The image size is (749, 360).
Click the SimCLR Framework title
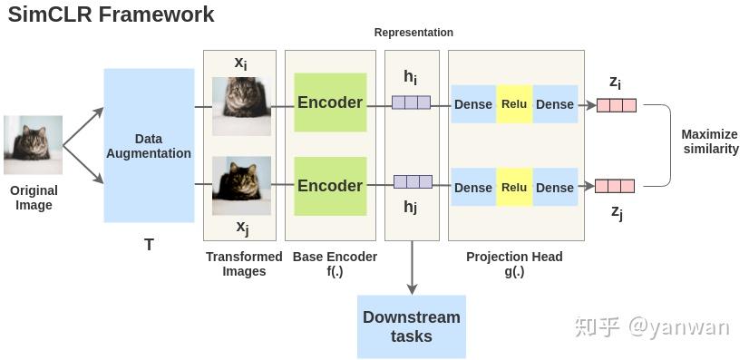click(111, 15)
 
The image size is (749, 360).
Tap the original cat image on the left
click(34, 144)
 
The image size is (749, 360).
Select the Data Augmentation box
click(149, 145)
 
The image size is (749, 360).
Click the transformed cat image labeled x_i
click(241, 105)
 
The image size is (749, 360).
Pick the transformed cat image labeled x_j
click(241, 185)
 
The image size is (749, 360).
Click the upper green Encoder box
click(330, 102)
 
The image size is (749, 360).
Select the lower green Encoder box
click(330, 186)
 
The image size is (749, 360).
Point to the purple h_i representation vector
click(411, 102)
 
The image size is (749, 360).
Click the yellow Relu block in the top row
click(514, 104)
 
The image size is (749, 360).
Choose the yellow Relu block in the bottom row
click(514, 187)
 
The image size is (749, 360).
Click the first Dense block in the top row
click(473, 104)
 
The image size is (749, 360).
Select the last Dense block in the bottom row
click(555, 187)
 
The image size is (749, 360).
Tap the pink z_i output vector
click(617, 105)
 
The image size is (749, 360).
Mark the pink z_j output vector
click(614, 186)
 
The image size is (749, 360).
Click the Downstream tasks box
click(412, 326)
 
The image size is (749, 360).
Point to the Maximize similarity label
click(710, 141)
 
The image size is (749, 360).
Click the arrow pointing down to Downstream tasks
click(413, 268)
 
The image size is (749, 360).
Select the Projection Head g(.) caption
click(514, 264)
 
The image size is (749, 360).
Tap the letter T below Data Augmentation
click(149, 245)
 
